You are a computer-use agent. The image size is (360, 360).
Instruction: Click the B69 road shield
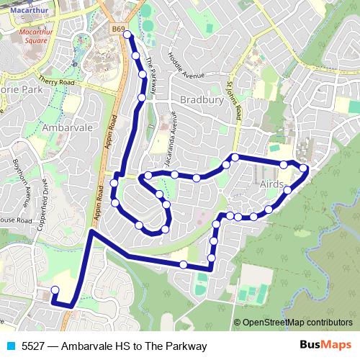(119, 30)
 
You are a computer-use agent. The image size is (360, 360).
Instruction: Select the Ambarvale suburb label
(67, 126)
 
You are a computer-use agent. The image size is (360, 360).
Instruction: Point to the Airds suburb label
(270, 184)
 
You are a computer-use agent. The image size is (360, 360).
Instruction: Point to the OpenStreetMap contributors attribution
(294, 323)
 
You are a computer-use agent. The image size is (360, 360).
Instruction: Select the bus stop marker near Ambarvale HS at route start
(55, 290)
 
